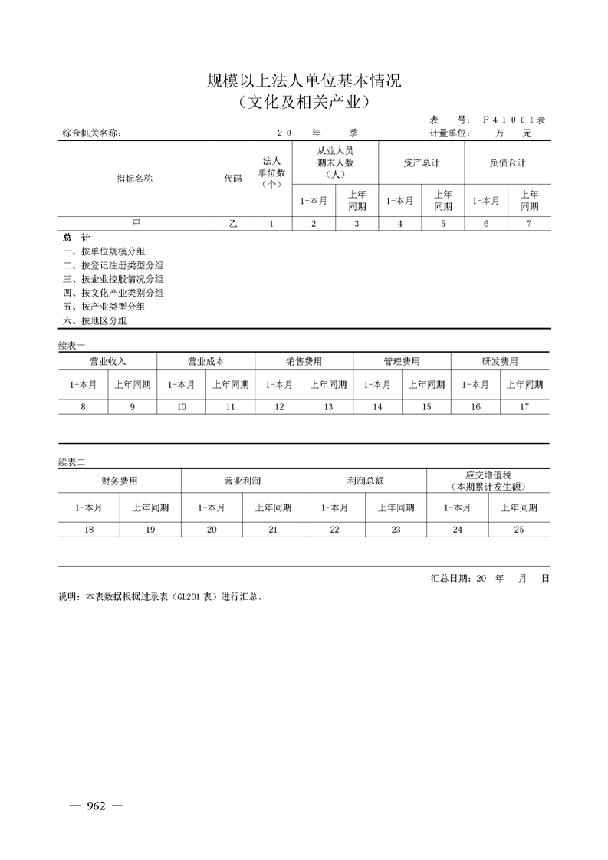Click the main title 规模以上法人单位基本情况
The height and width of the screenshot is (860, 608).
pos(304,80)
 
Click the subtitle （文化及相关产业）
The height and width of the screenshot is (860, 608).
pos(304,100)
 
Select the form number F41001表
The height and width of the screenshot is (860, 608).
pos(514,120)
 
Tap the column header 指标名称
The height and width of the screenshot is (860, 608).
pos(134,178)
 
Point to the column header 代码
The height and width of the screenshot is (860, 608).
pos(232,178)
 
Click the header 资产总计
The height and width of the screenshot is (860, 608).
pos(421,162)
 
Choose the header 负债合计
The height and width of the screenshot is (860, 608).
pos(507,162)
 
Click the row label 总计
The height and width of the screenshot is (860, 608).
pos(72,238)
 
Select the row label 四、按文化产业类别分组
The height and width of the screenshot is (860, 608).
pos(113,293)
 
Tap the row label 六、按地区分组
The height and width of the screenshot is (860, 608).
pos(94,320)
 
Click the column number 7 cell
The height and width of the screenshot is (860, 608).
pos(528,223)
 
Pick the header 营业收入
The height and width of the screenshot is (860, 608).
pos(107,361)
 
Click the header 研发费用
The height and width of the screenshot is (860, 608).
pos(500,361)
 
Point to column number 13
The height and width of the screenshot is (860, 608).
pos(328,407)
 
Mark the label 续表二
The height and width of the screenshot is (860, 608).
pos(72,461)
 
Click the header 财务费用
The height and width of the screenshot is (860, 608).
pos(120,481)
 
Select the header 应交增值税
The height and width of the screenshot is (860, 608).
pos(488,476)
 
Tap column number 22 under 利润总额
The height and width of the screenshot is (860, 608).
pos(334,530)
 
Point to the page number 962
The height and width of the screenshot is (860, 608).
pos(96,806)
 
